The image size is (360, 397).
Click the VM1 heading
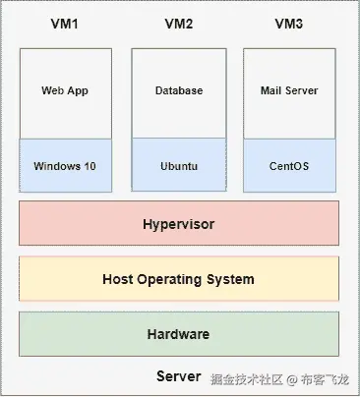65,22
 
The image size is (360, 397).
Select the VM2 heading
179,22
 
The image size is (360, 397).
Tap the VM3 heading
289,22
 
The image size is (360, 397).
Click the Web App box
65,90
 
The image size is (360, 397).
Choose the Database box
179,90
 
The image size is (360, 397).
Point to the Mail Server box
289,90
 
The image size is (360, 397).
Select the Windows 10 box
65,166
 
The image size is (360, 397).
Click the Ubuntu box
179,166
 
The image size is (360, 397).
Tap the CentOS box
289,166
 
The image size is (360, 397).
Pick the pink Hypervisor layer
179,224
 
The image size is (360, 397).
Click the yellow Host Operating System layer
179,279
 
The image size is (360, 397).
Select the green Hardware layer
179,334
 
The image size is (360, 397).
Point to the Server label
178,377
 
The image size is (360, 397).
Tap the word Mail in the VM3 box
271,90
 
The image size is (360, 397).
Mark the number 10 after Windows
90,166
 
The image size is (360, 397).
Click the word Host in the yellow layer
117,279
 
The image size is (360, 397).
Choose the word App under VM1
79,90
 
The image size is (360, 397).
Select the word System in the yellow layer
232,279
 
